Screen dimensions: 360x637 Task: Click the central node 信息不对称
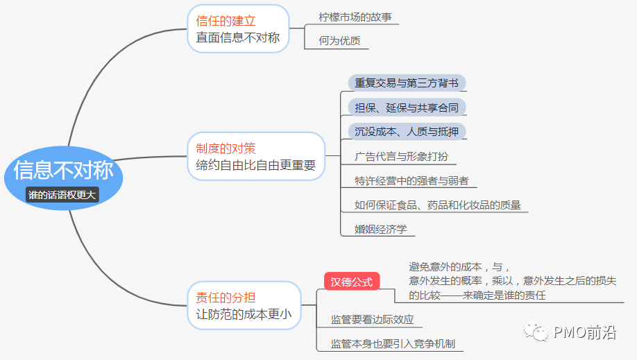pos(63,170)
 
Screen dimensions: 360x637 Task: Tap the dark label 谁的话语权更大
pos(62,195)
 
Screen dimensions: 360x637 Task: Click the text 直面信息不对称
pos(237,37)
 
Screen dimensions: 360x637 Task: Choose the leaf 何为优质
pos(339,40)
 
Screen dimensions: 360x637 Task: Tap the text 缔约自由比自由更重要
pos(255,165)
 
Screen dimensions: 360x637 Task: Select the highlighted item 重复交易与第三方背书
pos(406,83)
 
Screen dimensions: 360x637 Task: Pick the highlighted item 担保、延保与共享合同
pos(406,108)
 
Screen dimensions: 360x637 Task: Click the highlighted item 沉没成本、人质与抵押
pos(406,131)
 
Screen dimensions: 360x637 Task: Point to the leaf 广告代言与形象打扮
pos(401,157)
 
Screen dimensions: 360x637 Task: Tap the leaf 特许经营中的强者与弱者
pos(411,181)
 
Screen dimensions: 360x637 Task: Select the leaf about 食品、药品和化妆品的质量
pos(437,205)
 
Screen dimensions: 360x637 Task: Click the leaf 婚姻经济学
pos(380,229)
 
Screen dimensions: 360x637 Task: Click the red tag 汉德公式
pos(352,282)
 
